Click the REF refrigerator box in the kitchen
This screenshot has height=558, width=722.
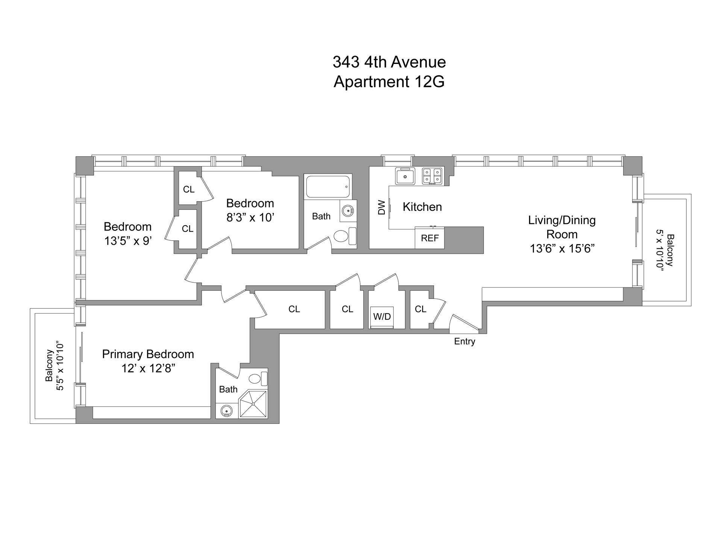429,238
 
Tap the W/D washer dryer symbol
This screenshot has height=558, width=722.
382,317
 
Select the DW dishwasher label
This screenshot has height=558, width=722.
382,207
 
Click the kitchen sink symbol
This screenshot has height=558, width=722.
405,176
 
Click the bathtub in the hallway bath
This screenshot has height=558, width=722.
328,186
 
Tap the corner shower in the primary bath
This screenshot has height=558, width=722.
253,404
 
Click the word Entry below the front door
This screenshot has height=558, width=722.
464,341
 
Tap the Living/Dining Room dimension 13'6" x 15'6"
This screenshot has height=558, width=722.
562,249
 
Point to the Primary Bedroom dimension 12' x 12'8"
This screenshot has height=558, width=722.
148,368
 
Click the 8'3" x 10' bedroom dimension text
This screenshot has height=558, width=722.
250,218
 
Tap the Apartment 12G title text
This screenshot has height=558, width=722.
389,82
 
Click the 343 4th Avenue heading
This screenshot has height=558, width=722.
389,62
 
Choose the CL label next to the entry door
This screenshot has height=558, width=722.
420,309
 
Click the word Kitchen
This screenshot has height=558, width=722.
422,207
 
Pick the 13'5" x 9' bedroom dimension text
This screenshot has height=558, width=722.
127,241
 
